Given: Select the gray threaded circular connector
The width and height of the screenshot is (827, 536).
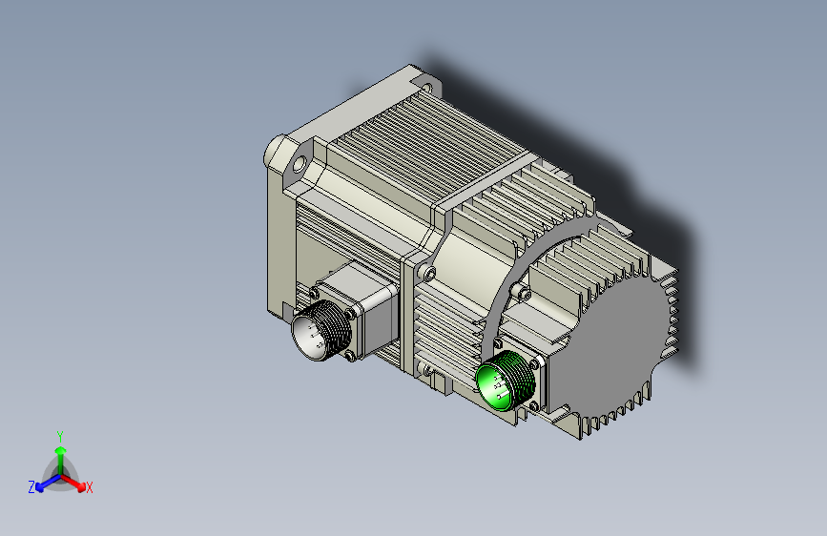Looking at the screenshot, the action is pos(318,331).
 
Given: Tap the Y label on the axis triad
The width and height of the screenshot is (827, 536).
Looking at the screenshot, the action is pos(60,437).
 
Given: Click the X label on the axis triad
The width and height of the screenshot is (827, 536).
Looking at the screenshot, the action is pos(89,488).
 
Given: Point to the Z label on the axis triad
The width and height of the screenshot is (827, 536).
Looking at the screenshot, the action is pos(31,487).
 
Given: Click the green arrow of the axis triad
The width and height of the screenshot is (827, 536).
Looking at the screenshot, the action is pos(61,460).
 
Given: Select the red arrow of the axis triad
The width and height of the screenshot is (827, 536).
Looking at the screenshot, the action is pos(72,483).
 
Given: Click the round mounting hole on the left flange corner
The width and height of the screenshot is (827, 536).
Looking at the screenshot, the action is pos(299,165).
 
